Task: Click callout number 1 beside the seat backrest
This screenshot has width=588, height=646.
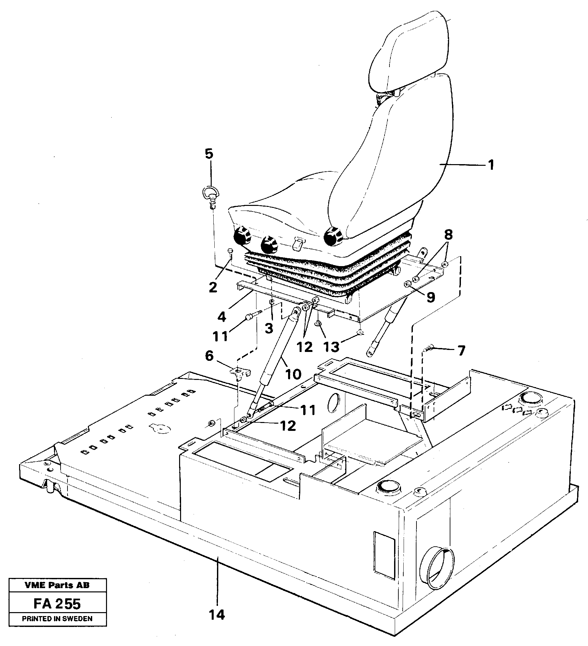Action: (x=490, y=165)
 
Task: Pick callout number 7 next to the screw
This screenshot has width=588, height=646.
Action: (x=461, y=351)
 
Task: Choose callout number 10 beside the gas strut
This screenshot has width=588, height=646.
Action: (x=293, y=374)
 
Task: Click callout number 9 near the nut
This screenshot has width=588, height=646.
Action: (x=431, y=297)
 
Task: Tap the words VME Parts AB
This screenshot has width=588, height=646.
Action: (x=57, y=585)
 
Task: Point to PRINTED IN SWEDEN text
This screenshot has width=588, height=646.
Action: (x=57, y=619)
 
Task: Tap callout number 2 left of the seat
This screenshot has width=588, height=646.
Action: (x=213, y=287)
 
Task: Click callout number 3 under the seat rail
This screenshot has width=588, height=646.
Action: (x=269, y=328)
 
